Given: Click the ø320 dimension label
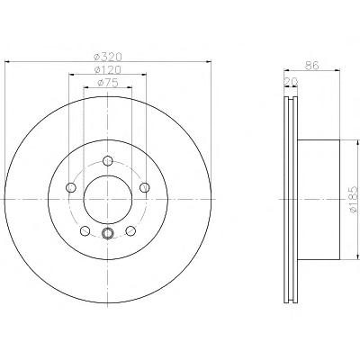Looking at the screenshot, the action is coord(108,57).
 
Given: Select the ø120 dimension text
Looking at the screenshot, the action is coord(108,70).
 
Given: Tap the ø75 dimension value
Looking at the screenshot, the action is coord(108,83).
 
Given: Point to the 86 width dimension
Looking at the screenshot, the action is coord(311,66).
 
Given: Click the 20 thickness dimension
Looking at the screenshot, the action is coord(291,82).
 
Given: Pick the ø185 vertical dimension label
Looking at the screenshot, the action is coord(354,200).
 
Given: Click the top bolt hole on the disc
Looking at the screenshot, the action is coord(107,160).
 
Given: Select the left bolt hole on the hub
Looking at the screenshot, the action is coord(70,188).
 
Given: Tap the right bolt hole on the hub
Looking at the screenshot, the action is coord(145,187).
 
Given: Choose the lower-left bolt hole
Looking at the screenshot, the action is coord(85,230).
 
